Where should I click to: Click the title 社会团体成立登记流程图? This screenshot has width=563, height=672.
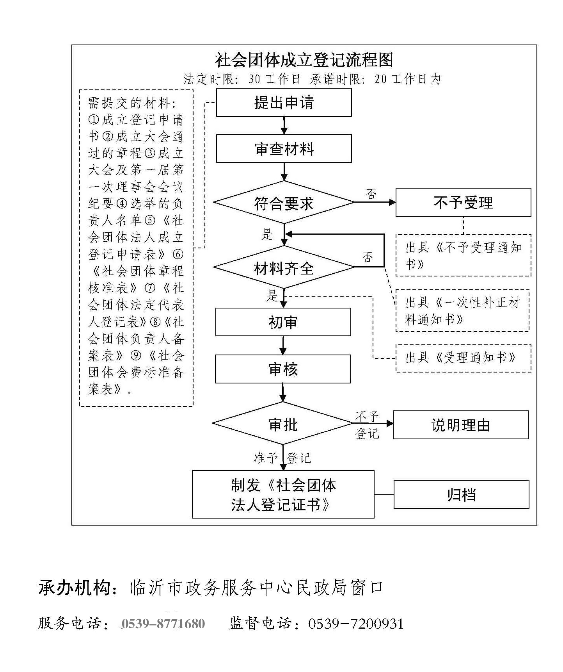(304, 60)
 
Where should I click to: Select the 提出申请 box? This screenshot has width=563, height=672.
(284, 103)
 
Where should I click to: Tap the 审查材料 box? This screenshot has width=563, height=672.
(284, 149)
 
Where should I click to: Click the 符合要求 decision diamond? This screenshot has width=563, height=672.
(284, 203)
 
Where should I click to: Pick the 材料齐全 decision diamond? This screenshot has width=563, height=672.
(284, 268)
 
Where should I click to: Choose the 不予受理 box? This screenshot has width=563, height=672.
(463, 203)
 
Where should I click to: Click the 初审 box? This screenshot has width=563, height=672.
(283, 322)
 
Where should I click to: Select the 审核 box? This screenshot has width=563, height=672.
(282, 369)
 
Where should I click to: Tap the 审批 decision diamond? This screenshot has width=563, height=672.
(283, 424)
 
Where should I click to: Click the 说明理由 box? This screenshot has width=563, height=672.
(460, 425)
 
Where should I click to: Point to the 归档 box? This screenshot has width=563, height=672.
(461, 495)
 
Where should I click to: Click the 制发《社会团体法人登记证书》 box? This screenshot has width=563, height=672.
(283, 495)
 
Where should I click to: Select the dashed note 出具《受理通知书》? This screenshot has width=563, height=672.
(463, 358)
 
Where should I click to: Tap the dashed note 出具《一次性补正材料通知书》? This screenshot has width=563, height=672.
(462, 311)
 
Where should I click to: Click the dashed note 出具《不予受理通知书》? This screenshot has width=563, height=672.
(463, 255)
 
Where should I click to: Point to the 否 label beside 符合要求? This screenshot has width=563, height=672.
(371, 194)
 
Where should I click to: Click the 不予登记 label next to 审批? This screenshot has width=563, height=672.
(367, 425)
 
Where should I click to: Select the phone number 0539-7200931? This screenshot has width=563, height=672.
(355, 624)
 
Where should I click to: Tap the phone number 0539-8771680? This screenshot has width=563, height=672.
(163, 624)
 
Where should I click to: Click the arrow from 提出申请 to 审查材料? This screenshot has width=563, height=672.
(284, 125)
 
